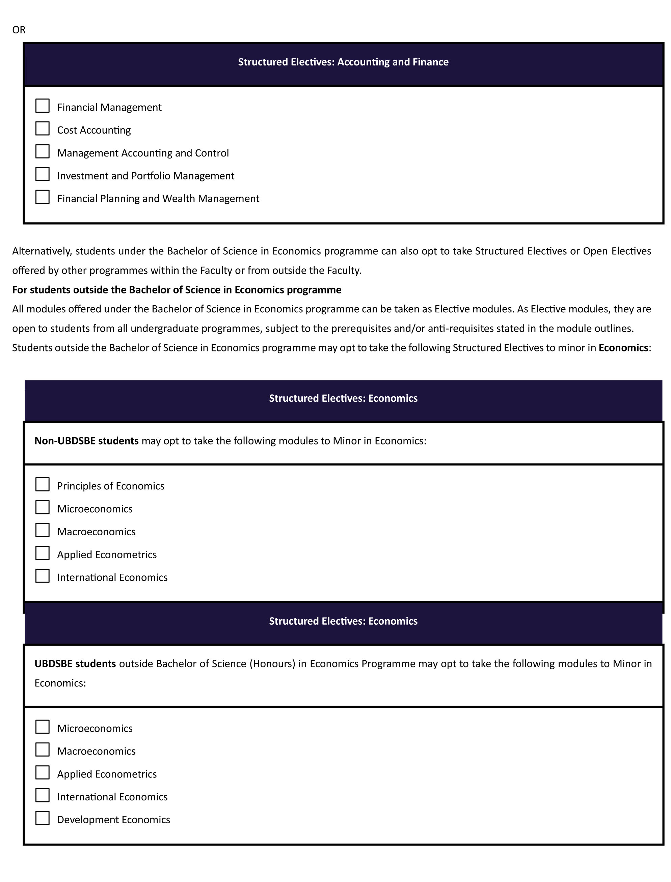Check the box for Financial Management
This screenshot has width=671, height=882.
click(x=42, y=106)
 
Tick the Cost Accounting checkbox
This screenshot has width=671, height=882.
click(x=42, y=129)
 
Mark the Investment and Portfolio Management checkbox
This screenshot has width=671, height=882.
click(x=42, y=174)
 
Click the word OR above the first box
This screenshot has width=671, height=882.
click(x=19, y=30)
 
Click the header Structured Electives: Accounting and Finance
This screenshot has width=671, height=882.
click(x=343, y=62)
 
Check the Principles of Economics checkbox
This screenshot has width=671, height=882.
click(x=42, y=484)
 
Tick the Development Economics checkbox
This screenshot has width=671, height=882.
click(x=42, y=818)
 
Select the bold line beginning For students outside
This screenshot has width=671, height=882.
click(x=177, y=290)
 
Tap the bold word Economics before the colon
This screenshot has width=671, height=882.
click(x=623, y=348)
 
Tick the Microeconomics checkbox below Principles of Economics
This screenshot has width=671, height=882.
click(x=42, y=507)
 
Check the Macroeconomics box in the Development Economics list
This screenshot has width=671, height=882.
click(x=42, y=749)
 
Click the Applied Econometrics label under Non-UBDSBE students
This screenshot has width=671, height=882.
click(x=107, y=554)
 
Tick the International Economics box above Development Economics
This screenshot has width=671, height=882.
click(x=42, y=795)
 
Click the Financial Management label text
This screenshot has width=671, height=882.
click(x=109, y=107)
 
